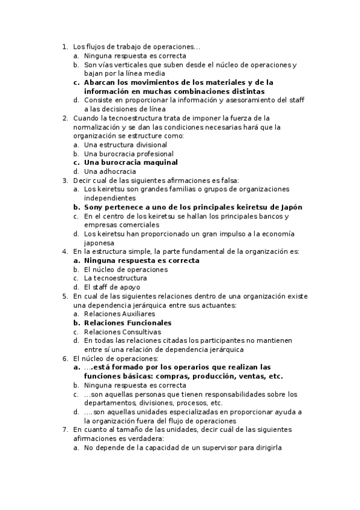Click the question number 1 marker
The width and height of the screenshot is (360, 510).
click(x=64, y=46)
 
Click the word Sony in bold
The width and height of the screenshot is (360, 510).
click(x=93, y=207)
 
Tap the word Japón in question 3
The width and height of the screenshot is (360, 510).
click(x=290, y=207)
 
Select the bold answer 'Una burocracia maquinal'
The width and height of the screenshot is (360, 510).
click(x=130, y=162)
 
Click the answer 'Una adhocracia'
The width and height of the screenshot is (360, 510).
click(x=110, y=171)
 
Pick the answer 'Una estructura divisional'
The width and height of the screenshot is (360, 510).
click(x=126, y=144)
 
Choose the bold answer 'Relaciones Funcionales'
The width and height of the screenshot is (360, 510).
click(x=127, y=323)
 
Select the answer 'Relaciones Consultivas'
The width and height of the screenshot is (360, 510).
click(x=123, y=331)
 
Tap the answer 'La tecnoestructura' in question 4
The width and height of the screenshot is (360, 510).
click(x=116, y=278)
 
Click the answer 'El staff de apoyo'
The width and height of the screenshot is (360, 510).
click(x=112, y=287)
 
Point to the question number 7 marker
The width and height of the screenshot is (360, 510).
click(x=64, y=430)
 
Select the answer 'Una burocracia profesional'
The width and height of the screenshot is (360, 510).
click(x=129, y=153)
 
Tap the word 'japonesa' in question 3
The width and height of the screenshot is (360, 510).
click(x=99, y=243)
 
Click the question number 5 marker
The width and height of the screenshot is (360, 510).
click(x=64, y=296)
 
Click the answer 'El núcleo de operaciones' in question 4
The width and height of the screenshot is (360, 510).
click(x=126, y=269)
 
